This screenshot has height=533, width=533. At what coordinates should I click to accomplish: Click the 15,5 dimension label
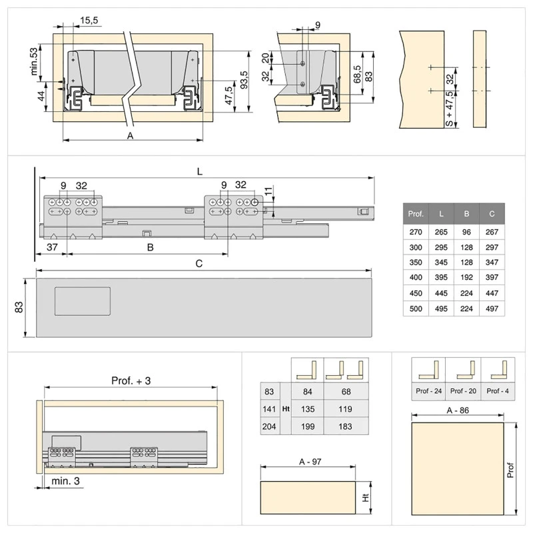pyautogui.click(x=89, y=21)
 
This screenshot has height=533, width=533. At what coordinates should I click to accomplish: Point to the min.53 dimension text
pyautogui.click(x=34, y=61)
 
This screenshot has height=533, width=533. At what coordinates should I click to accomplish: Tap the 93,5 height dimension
pyautogui.click(x=244, y=80)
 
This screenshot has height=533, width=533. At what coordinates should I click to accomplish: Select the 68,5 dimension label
pyautogui.click(x=357, y=74)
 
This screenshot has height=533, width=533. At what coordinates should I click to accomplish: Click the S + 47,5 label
pyautogui.click(x=449, y=109)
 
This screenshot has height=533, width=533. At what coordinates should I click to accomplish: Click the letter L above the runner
pyautogui.click(x=200, y=172)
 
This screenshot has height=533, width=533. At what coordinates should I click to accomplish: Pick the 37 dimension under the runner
pyautogui.click(x=52, y=247)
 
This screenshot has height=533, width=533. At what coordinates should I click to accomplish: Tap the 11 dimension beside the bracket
pyautogui.click(x=268, y=191)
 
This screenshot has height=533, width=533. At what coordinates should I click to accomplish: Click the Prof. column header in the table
pyautogui.click(x=416, y=214)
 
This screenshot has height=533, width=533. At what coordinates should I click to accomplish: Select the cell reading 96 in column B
pyautogui.click(x=466, y=232)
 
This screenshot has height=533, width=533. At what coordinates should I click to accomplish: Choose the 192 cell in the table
pyautogui.click(x=466, y=277)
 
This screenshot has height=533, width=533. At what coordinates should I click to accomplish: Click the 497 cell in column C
pyautogui.click(x=492, y=308)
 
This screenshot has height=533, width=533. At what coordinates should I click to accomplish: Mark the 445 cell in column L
pyautogui.click(x=441, y=293)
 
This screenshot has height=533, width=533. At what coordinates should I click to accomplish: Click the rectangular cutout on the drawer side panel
pyautogui.click(x=83, y=301)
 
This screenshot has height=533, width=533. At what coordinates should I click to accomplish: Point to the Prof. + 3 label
pyautogui.click(x=131, y=380)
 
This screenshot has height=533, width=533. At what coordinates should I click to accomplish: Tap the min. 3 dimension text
pyautogui.click(x=65, y=481)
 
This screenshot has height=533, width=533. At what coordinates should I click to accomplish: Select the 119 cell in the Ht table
pyautogui.click(x=345, y=409)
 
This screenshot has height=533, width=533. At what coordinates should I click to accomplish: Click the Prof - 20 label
pyautogui.click(x=463, y=391)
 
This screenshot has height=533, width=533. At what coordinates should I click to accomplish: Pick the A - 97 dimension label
pyautogui.click(x=310, y=462)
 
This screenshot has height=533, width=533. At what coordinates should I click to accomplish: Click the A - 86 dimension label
pyautogui.click(x=458, y=410)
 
